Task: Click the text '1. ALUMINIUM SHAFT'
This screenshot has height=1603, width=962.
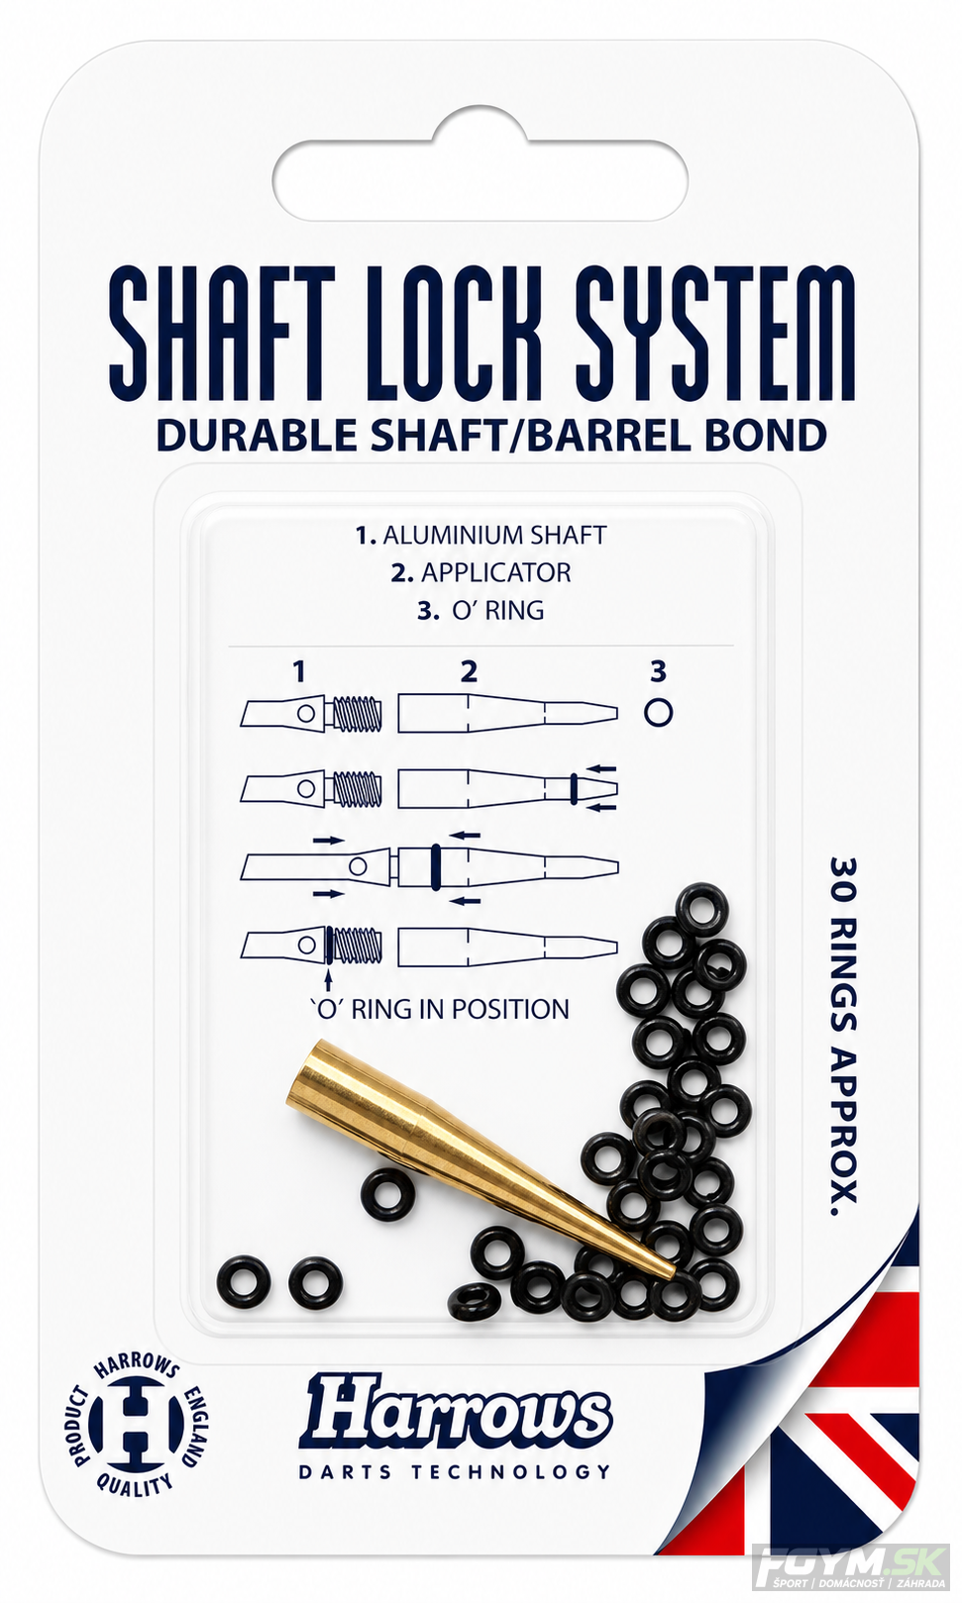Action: click(481, 536)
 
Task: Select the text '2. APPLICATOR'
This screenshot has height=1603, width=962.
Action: click(481, 572)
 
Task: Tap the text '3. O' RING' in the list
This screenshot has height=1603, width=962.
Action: click(481, 611)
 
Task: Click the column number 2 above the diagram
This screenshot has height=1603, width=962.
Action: click(469, 672)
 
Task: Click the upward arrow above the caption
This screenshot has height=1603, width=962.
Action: click(328, 974)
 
